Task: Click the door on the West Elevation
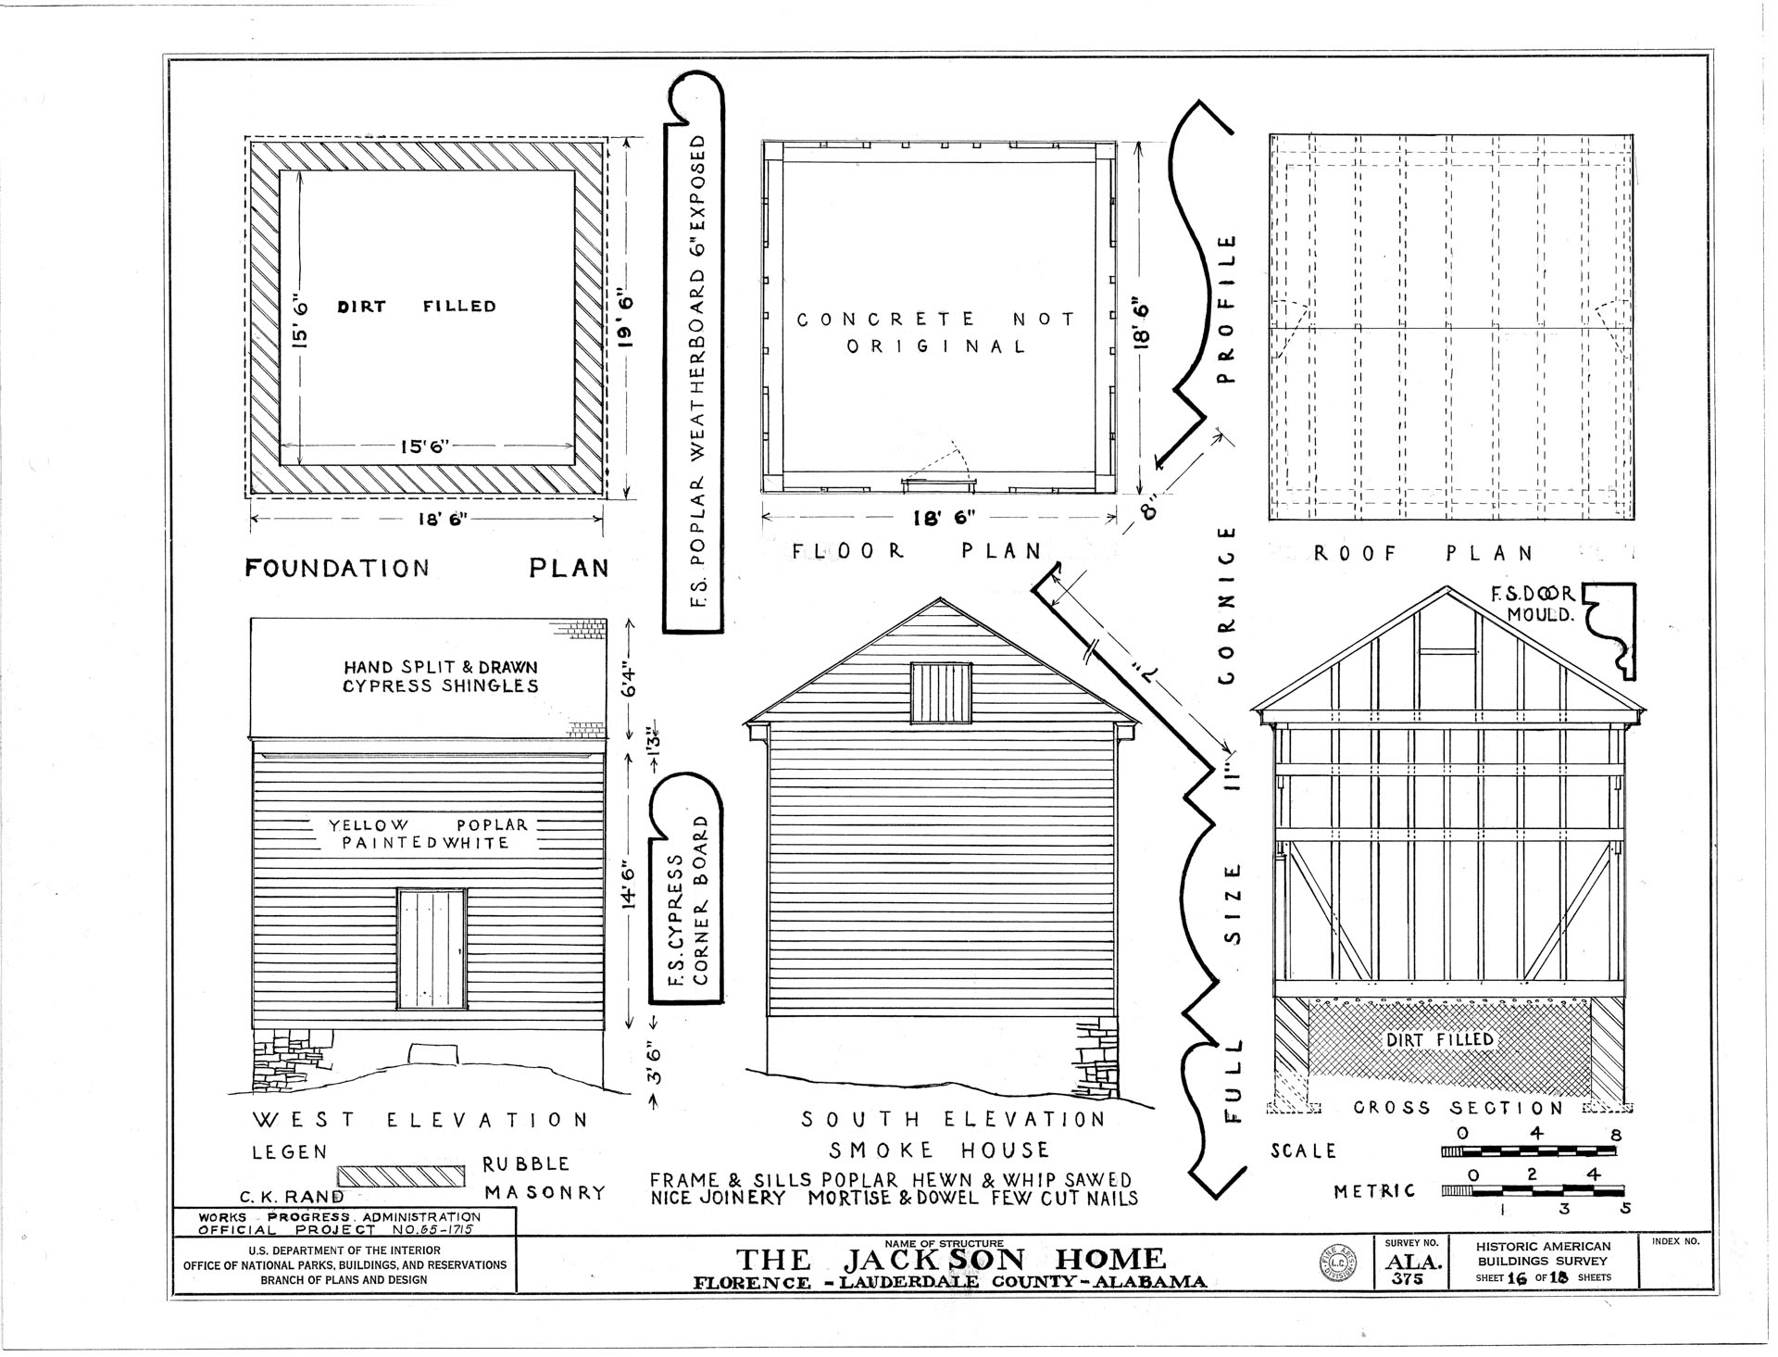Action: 432,949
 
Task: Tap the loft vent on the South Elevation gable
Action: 942,692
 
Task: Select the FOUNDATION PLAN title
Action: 427,568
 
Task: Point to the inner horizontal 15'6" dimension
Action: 424,446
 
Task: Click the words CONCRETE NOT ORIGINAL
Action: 936,333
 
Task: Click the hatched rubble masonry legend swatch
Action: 400,1175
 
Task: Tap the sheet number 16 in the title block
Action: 1515,1277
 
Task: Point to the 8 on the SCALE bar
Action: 1616,1135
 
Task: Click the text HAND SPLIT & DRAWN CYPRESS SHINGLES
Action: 441,676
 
